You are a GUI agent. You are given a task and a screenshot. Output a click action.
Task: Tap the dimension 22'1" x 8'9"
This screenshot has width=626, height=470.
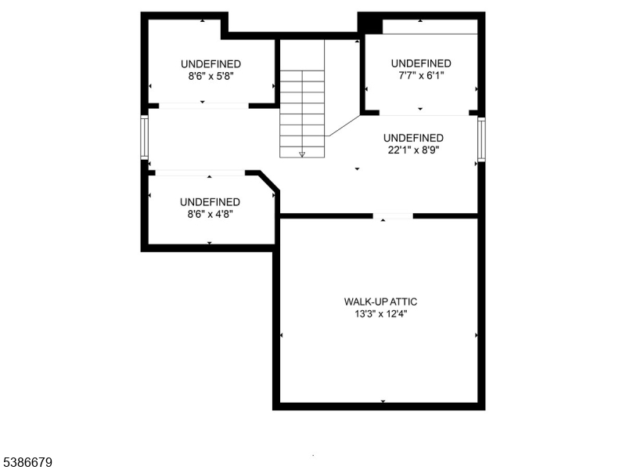coord(413,150)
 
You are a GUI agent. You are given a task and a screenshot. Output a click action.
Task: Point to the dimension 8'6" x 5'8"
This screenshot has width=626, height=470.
coord(210,76)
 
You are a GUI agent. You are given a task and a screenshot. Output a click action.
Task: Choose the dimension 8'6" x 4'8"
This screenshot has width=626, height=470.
coord(210,213)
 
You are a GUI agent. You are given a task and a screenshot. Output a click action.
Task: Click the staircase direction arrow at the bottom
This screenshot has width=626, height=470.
coord(302,154)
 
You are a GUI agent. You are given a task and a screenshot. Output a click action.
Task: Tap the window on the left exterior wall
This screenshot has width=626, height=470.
coord(144,137)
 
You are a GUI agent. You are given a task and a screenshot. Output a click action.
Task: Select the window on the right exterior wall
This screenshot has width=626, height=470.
coord(481,139)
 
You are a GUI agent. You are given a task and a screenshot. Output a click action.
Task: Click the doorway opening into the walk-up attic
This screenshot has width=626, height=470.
coord(393,215)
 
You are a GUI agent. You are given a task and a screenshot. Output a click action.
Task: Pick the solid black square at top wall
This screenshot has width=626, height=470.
coord(369,23)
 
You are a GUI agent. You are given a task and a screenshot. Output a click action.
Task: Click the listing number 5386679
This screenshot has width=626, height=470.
coord(27,463)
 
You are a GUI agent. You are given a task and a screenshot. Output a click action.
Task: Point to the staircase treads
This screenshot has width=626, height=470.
coord(302,109)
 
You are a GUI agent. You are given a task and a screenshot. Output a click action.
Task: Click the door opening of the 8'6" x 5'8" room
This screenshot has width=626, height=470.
coord(203,105)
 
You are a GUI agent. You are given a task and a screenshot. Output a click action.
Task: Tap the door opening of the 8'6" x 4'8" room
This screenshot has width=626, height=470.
coord(200,172)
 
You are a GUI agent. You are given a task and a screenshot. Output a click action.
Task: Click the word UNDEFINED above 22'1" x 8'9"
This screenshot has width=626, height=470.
coord(413,138)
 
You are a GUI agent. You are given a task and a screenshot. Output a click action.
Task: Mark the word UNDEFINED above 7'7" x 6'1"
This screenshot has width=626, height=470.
coord(421,63)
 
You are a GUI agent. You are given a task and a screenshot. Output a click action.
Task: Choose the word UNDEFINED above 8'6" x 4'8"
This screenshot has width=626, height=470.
coord(210,201)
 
